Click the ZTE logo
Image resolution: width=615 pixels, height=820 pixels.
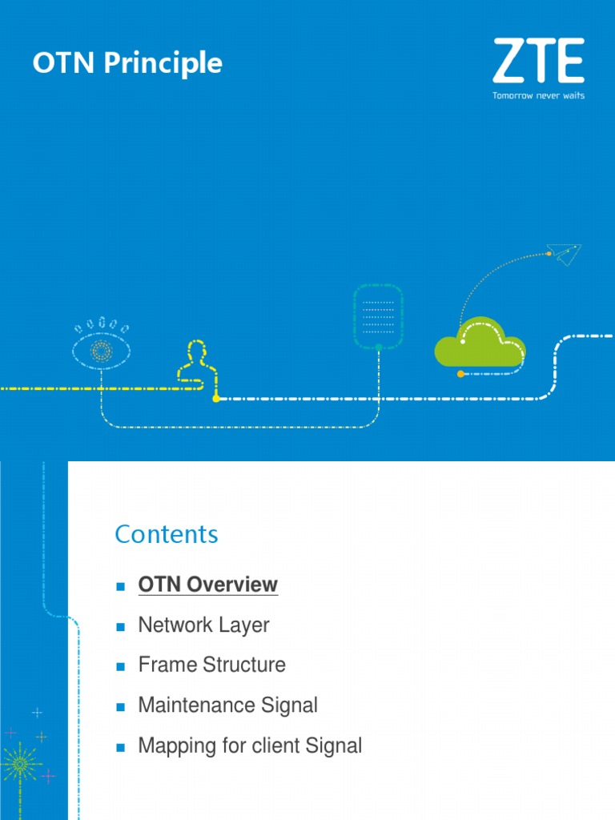pos(538,61)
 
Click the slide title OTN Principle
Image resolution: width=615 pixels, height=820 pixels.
pos(127,63)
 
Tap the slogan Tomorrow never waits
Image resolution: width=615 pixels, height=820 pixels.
pos(538,95)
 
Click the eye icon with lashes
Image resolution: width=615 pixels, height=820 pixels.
pos(102,347)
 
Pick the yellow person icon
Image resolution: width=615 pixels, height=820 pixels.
pos(195,364)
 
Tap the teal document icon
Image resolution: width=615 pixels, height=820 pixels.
pos(378,316)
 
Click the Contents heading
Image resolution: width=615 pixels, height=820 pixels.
pos(167,534)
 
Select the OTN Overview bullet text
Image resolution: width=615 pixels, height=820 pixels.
pos(208,585)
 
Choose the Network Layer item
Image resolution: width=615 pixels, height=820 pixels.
pos(203,625)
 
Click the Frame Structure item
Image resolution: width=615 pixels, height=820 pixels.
pos(211,665)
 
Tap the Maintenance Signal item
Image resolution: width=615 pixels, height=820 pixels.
pos(227,705)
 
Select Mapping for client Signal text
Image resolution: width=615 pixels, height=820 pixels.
pos(250,746)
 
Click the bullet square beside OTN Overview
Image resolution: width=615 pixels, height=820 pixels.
pos(121,587)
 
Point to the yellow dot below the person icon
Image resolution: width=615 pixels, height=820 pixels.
pos(215,398)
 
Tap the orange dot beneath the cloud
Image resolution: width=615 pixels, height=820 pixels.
pos(460,374)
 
